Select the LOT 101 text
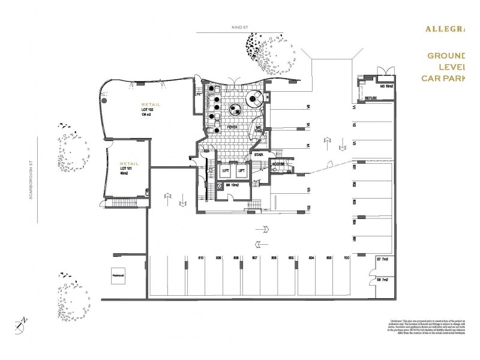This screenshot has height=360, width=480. [127, 170]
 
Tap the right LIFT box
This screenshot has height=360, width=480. [242, 171]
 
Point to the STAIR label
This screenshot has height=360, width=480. [259, 154]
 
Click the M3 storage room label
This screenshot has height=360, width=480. [385, 87]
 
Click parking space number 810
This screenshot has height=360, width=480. [201, 258]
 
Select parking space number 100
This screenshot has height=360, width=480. [347, 258]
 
